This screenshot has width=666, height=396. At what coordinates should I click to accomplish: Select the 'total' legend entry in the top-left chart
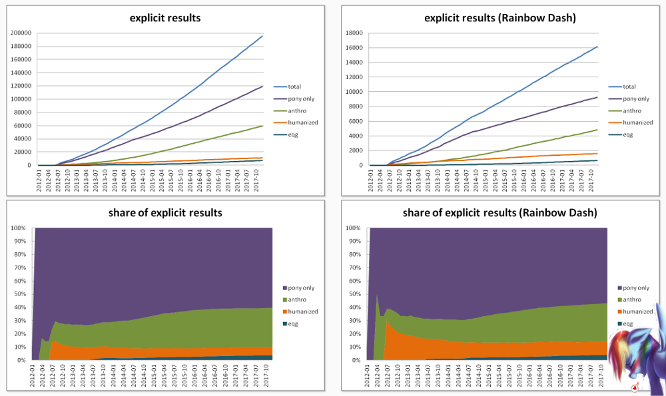[x=294, y=87]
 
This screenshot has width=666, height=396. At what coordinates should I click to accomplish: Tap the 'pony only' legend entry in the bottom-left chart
[x=302, y=288]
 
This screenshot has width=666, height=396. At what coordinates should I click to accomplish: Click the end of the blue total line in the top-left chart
[x=262, y=36]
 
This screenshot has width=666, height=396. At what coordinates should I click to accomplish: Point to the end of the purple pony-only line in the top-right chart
[x=597, y=97]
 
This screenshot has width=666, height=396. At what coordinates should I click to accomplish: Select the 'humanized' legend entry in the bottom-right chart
[x=635, y=311]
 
